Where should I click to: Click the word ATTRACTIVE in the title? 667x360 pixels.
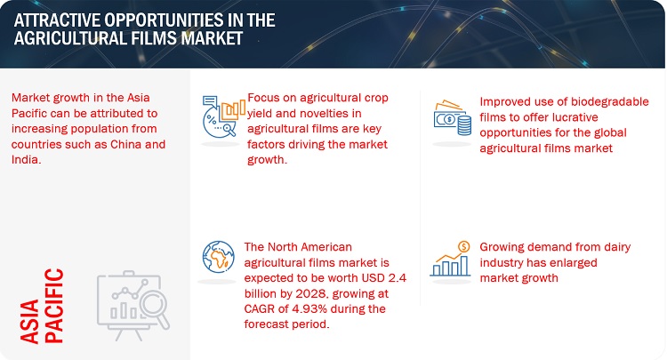click(x=57, y=20)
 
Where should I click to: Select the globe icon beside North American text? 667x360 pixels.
click(x=218, y=257)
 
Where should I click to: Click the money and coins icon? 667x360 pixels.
click(x=452, y=117)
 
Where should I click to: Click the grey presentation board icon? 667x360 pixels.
click(x=133, y=305)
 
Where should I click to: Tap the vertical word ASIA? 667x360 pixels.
click(x=29, y=321)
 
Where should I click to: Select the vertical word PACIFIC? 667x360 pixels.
click(x=54, y=306)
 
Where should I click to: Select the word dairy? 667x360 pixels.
click(x=616, y=247)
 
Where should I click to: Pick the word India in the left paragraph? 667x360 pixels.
click(x=26, y=160)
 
